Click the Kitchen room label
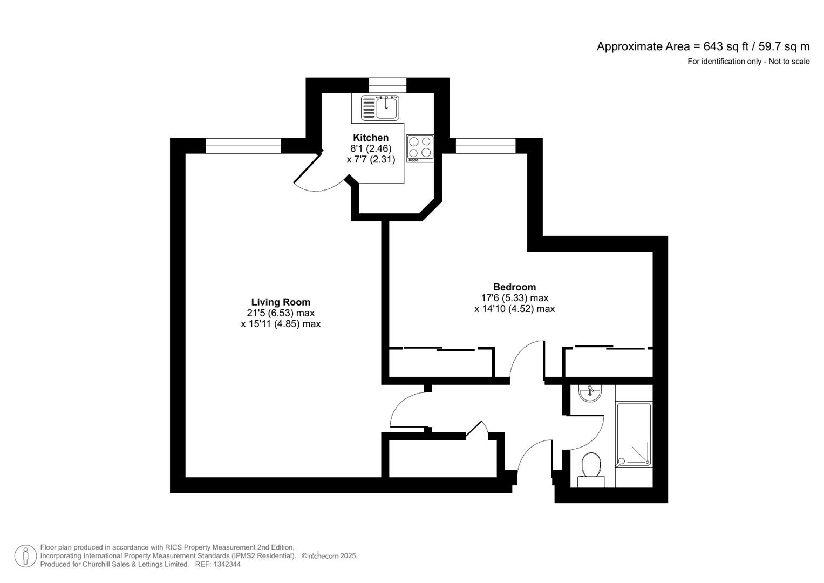coord(370,138)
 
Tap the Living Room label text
coord(281,302)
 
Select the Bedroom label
coord(514,287)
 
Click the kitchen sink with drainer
coord(380,107)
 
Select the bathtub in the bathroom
coord(634,435)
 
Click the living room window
coord(243,146)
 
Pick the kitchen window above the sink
coord(387,82)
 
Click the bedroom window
coord(486,146)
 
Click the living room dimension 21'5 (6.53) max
coord(281,313)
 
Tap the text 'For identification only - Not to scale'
coord(748,62)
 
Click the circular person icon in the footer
coord(25,556)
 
